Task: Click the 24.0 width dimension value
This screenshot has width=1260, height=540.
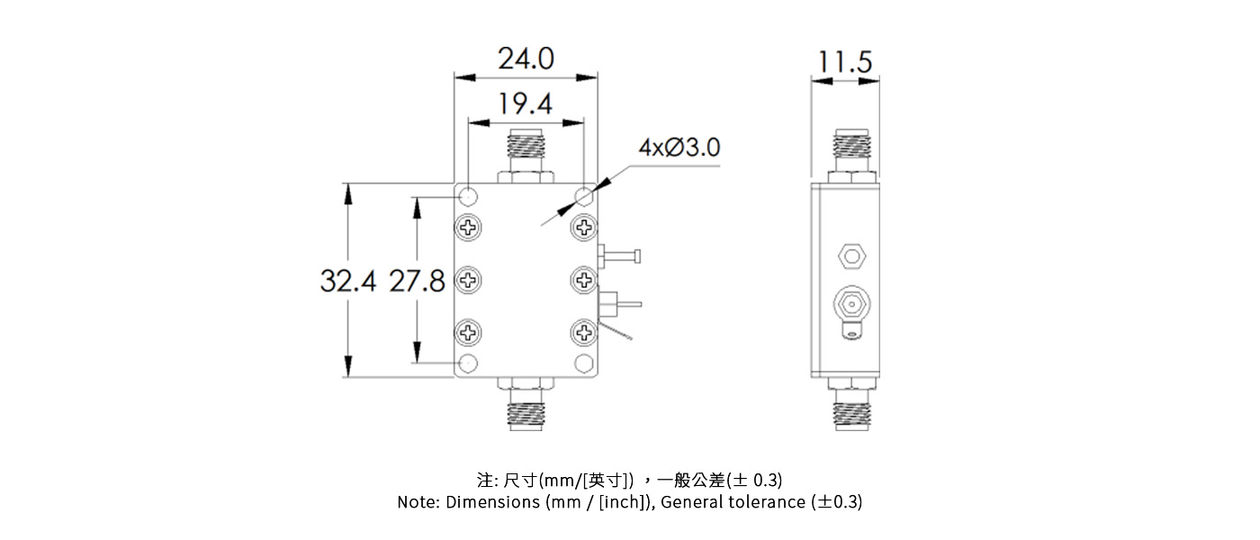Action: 526,59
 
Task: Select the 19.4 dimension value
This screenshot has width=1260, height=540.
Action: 526,105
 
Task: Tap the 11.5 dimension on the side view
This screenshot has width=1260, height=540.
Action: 845,63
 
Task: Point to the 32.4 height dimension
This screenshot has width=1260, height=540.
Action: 347,281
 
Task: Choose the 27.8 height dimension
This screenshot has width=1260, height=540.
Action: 417,281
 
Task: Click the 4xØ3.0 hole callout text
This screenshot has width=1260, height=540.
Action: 679,148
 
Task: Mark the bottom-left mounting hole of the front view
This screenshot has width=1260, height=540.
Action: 469,363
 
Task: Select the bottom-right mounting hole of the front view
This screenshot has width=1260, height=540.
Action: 584,363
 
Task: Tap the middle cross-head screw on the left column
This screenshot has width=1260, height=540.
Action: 469,280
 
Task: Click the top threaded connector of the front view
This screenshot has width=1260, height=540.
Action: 526,153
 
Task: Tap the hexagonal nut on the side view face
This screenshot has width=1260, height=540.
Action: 850,256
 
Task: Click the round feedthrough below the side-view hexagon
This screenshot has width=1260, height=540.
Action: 850,302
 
